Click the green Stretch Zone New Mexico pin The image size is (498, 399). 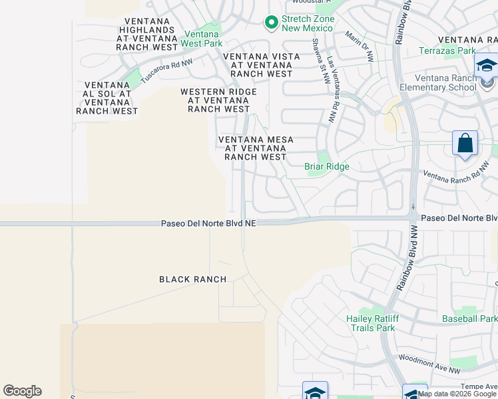pos(271,23)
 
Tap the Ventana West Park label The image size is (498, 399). pos(202,39)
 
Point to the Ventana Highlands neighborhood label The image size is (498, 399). pos(148,30)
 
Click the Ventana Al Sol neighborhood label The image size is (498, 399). pos(107,98)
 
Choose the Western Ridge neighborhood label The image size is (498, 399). pos(219,100)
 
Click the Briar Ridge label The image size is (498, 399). pos(327,166)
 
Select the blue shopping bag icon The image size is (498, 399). pos(465,144)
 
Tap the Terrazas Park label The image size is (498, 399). pos(447,51)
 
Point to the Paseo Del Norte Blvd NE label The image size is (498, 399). pos(208,224)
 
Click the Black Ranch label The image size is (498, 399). pos(192,279)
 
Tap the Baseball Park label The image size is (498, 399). pos(469,319)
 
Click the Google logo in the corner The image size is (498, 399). pos(22,391)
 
